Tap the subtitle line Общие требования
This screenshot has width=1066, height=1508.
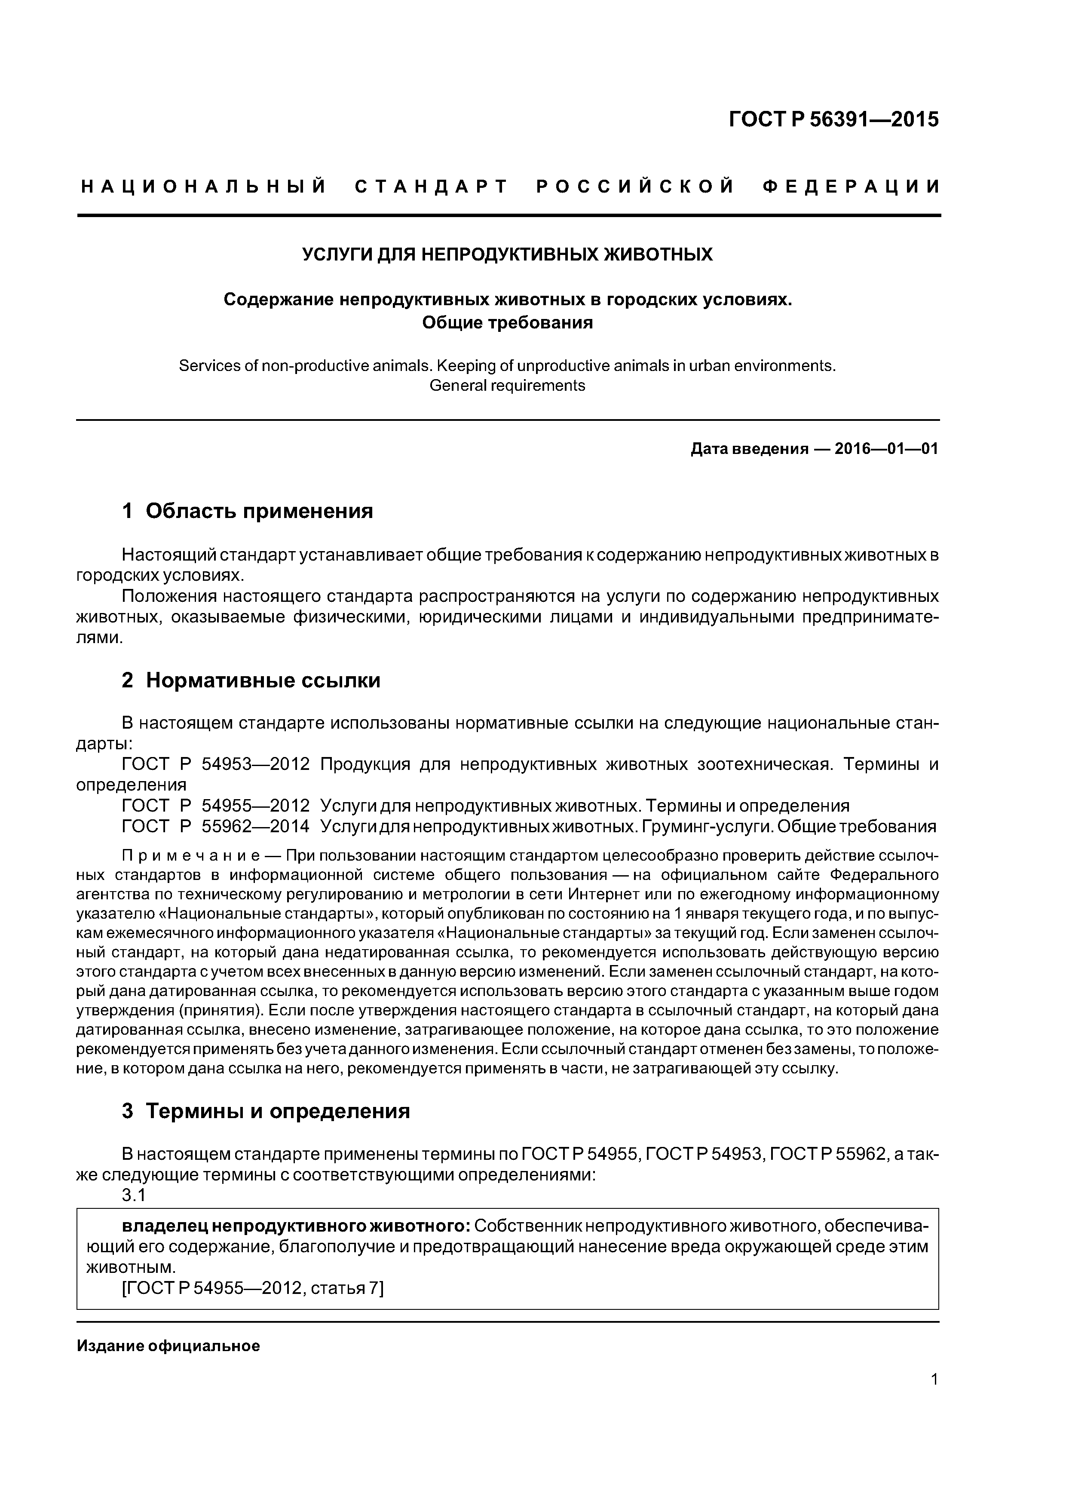(x=507, y=322)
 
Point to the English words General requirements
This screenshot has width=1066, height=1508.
(x=507, y=386)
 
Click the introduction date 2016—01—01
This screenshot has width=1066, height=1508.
(x=886, y=449)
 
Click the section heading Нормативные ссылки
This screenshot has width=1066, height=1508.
(x=263, y=680)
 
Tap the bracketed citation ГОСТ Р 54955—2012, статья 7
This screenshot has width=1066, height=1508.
(x=253, y=1289)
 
